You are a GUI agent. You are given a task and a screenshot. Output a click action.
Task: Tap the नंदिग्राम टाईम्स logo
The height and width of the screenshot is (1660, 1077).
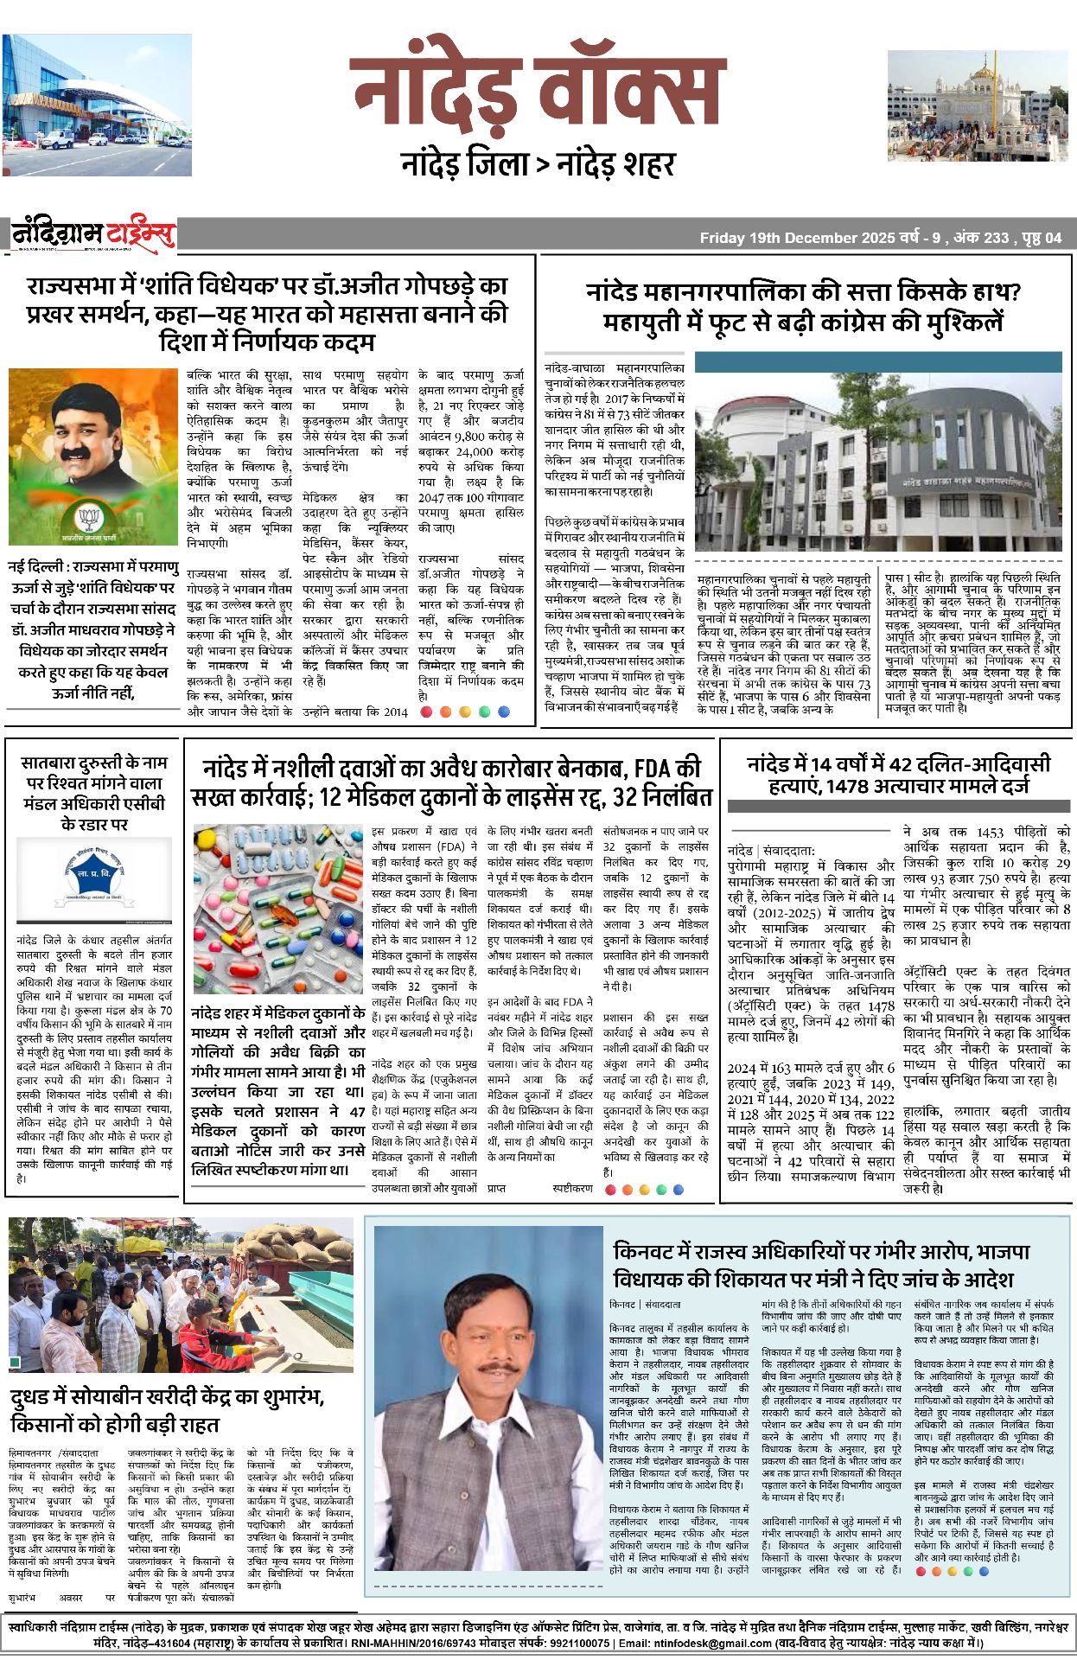(x=93, y=234)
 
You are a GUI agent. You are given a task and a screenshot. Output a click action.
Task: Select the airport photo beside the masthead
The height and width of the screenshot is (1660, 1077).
(x=97, y=105)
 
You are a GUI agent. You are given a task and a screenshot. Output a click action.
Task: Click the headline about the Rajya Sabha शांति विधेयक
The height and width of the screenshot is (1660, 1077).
(x=267, y=313)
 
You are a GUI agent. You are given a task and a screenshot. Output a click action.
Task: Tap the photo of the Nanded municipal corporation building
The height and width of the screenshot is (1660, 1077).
(x=878, y=456)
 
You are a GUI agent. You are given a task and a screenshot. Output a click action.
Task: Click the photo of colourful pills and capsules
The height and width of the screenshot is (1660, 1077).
(x=277, y=909)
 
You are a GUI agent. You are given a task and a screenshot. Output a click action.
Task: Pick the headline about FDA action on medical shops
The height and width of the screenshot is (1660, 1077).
(x=451, y=782)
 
